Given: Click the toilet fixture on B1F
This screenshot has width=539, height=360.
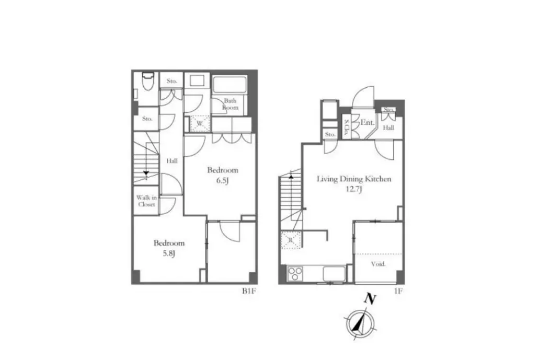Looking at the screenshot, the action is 148,82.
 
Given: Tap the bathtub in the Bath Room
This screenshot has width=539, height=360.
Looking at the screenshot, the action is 230,85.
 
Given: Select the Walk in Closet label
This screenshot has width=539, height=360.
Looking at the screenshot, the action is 146,201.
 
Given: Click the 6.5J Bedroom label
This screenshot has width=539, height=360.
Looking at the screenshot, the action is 222,175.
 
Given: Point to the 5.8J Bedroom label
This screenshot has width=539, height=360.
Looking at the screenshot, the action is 169,248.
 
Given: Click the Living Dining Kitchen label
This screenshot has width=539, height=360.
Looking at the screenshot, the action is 354,179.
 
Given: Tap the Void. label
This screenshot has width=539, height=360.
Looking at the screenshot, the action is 378,264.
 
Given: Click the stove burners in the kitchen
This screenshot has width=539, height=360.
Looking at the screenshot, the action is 295,274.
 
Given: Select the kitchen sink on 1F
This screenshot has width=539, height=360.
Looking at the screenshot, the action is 334,274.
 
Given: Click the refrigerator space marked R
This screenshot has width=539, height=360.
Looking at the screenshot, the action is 291,240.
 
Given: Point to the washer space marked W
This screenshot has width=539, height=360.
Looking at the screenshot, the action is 200,123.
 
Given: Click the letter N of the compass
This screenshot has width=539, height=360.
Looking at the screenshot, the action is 370,299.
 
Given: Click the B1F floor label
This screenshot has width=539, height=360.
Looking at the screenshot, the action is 249,292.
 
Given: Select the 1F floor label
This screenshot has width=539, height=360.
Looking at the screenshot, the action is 398,292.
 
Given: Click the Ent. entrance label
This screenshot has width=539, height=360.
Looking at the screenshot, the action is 367,122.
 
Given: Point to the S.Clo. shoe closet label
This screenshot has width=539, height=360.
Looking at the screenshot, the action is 347,127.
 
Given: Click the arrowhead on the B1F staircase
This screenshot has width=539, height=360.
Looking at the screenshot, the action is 146,173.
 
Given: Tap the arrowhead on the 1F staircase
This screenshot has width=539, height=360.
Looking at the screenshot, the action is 291,177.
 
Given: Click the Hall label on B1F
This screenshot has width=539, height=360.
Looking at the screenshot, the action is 172,160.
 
